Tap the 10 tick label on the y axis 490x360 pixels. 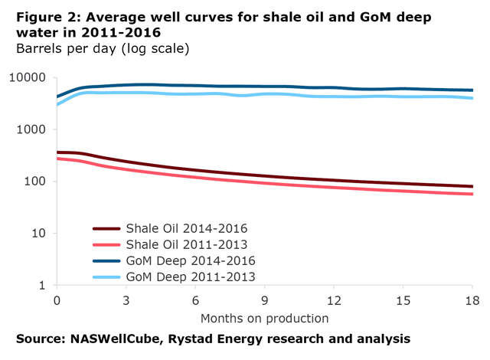pos(41,234)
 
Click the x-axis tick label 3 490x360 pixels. pos(126,301)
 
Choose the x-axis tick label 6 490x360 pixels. pos(195,301)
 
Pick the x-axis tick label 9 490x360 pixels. pos(265,301)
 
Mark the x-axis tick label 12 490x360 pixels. pos(334,301)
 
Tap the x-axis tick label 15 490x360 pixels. pos(403,301)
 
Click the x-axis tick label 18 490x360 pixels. pos(472,301)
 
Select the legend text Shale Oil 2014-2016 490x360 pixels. pos(188,228)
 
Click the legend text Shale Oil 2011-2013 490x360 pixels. pos(188,244)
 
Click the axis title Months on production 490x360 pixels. pos(264,318)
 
